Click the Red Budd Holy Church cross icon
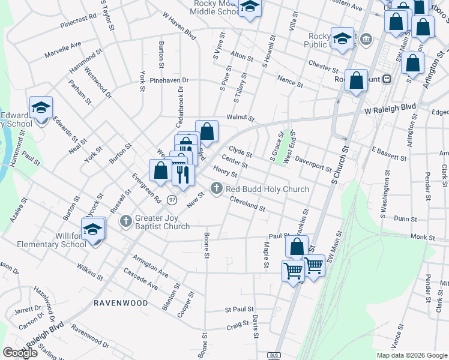tap(217, 189)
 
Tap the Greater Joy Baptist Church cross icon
tap(125, 221)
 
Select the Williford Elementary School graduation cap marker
tap(93, 230)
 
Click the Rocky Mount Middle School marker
tap(249, 7)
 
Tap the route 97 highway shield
tap(173, 199)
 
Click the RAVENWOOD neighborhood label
tap(120, 303)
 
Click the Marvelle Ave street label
tap(62, 50)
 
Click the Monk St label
tap(423, 238)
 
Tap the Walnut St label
tap(241, 118)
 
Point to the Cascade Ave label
tap(140, 278)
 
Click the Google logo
tap(20, 353)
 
